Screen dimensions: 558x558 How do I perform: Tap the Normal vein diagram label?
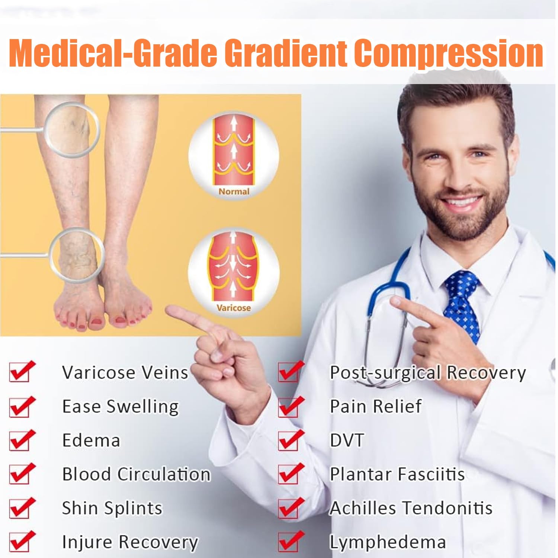click(234, 192)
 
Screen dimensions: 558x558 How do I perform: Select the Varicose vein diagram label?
click(234, 308)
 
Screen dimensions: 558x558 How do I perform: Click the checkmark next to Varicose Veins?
click(22, 371)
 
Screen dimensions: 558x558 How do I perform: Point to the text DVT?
click(347, 440)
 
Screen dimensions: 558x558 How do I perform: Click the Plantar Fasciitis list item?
click(397, 474)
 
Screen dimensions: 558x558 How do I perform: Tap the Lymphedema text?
click(388, 542)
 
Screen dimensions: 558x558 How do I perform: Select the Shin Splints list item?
click(112, 509)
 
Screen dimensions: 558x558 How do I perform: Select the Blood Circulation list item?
click(136, 474)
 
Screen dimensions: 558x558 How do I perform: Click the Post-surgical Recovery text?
click(428, 373)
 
